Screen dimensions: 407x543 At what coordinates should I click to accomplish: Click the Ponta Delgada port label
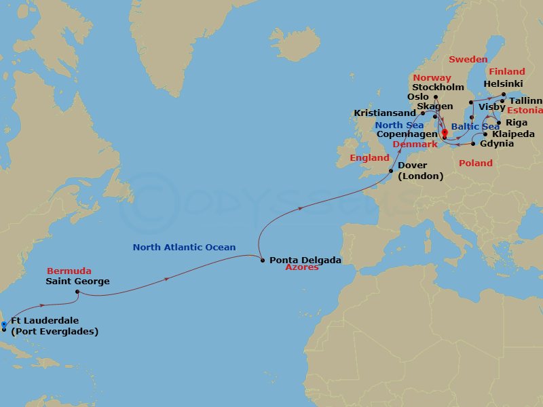pyautogui.click(x=305, y=259)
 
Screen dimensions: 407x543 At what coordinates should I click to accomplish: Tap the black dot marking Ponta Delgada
pyautogui.click(x=262, y=258)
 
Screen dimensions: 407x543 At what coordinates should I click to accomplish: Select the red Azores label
pyautogui.click(x=302, y=268)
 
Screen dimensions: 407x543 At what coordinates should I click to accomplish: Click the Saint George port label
pyautogui.click(x=77, y=281)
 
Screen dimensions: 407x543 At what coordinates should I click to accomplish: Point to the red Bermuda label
pyautogui.click(x=69, y=271)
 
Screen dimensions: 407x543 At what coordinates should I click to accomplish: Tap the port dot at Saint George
pyautogui.click(x=77, y=293)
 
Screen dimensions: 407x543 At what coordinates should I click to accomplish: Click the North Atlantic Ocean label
pyautogui.click(x=184, y=248)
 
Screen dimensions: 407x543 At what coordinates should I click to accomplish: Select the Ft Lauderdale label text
pyautogui.click(x=45, y=320)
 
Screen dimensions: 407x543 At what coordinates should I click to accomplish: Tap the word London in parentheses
pyautogui.click(x=420, y=176)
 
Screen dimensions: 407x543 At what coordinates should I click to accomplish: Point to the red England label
pyautogui.click(x=369, y=158)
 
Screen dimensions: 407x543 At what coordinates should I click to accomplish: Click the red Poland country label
pyautogui.click(x=476, y=163)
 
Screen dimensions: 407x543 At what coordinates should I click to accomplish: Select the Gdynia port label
pyautogui.click(x=497, y=144)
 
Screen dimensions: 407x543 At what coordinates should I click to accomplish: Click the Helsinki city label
pyautogui.click(x=503, y=83)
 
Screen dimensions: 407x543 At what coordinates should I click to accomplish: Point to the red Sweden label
pyautogui.click(x=468, y=60)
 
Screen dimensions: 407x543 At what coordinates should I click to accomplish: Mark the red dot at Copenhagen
pyautogui.click(x=445, y=132)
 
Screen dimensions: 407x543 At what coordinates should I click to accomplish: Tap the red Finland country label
pyautogui.click(x=507, y=71)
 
